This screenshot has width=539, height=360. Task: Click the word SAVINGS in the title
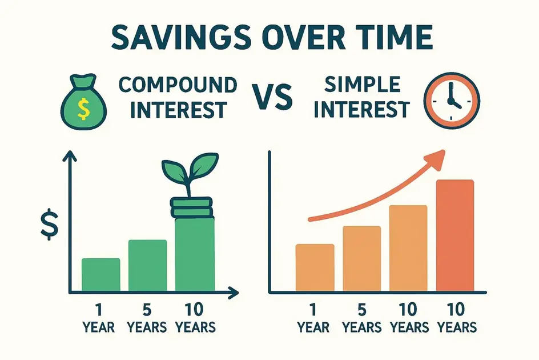[x=181, y=37]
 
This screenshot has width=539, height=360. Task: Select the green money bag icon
[x=83, y=102]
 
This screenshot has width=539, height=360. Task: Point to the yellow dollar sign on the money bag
[x=83, y=109]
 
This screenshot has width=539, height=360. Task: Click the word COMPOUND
[x=178, y=85]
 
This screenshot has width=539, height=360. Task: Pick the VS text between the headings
[x=274, y=97]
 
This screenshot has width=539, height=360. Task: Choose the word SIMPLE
[x=363, y=85]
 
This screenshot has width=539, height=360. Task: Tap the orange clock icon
[x=452, y=101]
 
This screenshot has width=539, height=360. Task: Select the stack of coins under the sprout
[x=191, y=207]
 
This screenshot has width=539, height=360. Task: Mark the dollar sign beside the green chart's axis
[x=50, y=224]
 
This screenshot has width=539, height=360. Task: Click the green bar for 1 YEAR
[x=100, y=274]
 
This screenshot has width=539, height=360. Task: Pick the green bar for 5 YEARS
[x=147, y=265]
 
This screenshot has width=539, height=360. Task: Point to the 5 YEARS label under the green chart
[x=147, y=318]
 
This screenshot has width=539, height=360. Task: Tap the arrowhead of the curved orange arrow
[x=435, y=159]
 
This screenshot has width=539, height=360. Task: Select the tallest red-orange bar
[x=454, y=235]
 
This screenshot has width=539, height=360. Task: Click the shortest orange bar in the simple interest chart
[x=315, y=268]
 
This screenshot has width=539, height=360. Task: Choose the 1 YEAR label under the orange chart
[x=313, y=318]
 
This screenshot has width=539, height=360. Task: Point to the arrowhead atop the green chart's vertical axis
[x=70, y=156]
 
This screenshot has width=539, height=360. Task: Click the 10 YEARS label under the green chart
[x=195, y=318]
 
